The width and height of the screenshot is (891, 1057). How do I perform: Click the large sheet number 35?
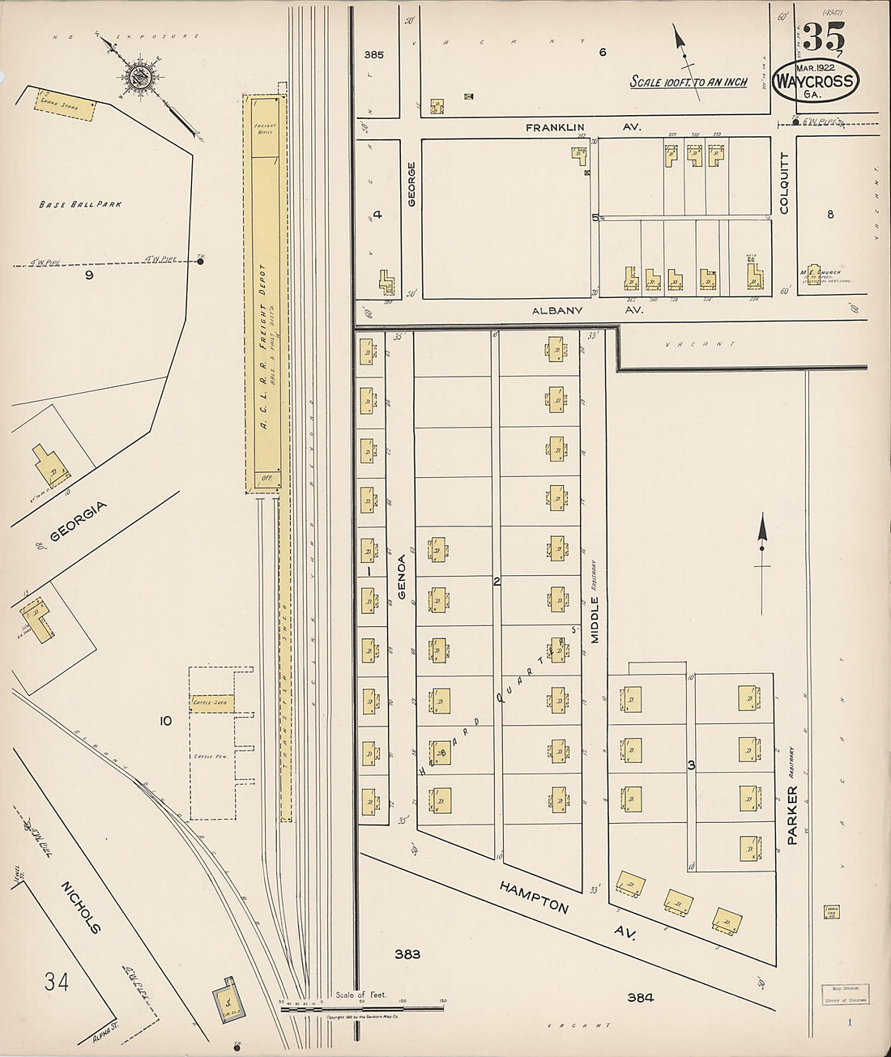824,36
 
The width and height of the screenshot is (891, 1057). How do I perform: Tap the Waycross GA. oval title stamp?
815,82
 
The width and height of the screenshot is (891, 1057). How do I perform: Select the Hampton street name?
534,897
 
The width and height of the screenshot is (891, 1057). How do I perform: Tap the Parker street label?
791,815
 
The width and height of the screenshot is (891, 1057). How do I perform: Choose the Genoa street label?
401,572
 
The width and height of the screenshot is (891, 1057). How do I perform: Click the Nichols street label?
81,907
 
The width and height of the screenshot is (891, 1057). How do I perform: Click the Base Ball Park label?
80,204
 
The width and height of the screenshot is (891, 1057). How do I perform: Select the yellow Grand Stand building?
65,105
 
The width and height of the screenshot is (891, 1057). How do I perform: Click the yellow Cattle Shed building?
212,702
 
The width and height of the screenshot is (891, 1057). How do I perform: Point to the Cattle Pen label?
209,756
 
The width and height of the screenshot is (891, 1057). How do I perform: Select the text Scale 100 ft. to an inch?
688,82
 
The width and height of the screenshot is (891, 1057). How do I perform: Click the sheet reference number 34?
57,982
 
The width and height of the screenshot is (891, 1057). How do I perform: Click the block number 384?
640,998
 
